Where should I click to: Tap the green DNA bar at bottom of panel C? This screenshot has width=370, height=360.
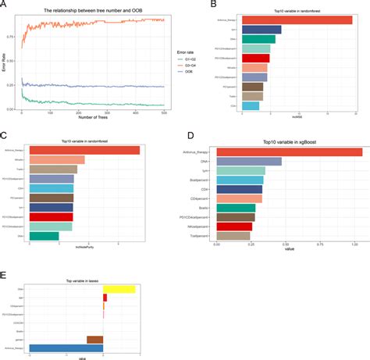pyautogui.click(x=43, y=236)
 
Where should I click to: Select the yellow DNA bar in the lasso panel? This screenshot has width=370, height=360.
pyautogui.click(x=119, y=290)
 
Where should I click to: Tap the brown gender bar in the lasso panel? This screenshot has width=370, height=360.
pyautogui.click(x=94, y=339)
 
